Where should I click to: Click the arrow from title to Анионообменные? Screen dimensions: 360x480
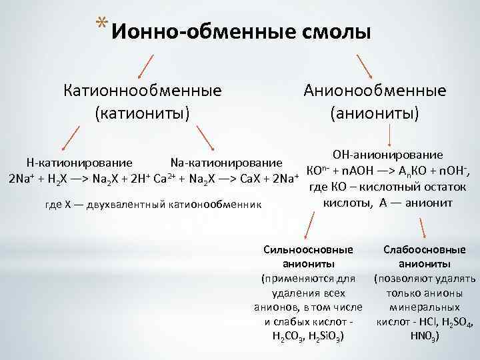[365, 66]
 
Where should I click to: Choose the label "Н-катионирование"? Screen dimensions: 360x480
[79, 162]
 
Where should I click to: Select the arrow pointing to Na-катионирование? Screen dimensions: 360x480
[207, 138]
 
